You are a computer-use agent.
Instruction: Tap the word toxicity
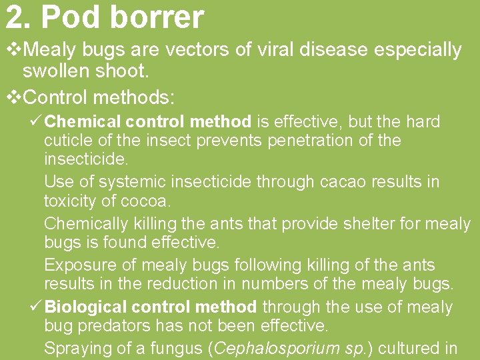[71, 201]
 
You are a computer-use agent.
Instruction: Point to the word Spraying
[76, 348]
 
